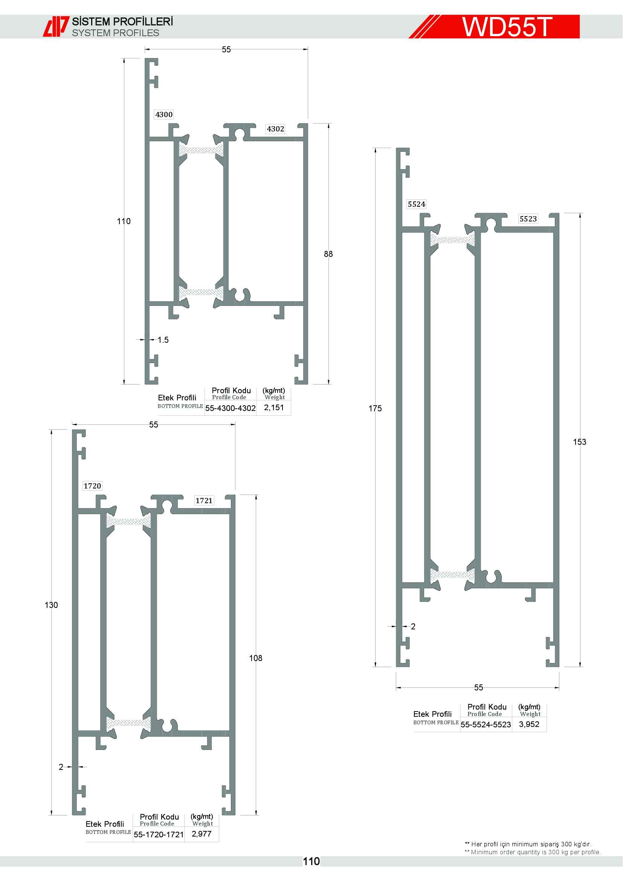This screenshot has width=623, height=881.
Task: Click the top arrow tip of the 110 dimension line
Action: [124, 58]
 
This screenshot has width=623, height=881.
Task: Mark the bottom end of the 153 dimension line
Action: [580, 667]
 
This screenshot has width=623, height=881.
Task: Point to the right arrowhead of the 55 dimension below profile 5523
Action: [559, 688]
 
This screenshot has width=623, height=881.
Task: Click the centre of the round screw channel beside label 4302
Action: [240, 134]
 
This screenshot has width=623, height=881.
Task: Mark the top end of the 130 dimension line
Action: [51, 430]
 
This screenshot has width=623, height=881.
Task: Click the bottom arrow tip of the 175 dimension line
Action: [375, 667]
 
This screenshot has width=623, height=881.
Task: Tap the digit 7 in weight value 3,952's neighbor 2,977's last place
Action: [209, 834]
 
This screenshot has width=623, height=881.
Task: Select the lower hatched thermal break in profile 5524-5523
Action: [452, 575]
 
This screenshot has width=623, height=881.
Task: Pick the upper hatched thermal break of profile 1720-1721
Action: [128, 521]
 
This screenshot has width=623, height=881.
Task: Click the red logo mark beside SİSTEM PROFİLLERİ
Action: [56, 26]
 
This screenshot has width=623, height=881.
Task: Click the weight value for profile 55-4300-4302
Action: [274, 408]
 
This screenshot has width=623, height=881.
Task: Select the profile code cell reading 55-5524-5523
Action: [486, 724]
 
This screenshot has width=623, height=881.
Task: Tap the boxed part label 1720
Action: [92, 486]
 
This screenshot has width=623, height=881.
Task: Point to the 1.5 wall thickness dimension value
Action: [163, 340]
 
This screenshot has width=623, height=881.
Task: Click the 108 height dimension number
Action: [256, 658]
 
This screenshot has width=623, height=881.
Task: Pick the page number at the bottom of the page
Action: [311, 861]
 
